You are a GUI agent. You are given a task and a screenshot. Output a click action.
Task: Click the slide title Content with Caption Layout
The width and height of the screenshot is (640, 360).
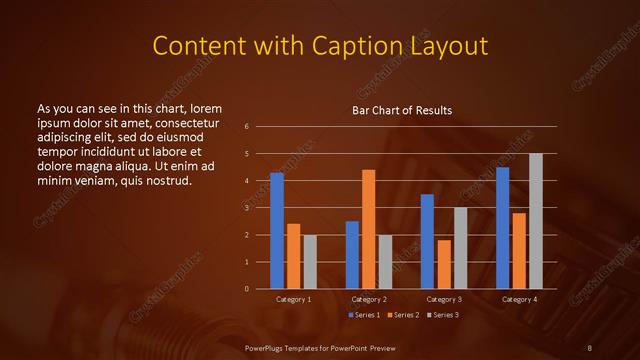[x=319, y=46]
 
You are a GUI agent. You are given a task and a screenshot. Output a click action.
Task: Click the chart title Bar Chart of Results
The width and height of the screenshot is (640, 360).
[x=402, y=110]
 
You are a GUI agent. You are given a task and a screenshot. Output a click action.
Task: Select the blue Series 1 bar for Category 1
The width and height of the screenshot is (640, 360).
[x=277, y=230]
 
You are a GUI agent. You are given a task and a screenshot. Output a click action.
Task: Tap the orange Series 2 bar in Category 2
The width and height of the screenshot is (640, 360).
[x=369, y=229]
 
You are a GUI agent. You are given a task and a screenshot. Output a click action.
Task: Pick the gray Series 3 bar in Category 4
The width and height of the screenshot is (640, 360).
[x=536, y=221]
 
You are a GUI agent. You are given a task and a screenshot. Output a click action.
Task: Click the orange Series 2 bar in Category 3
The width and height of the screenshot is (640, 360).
[x=444, y=264]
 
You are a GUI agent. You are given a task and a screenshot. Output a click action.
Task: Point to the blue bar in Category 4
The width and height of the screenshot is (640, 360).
[x=503, y=228]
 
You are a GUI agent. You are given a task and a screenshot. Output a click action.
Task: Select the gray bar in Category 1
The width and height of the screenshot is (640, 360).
[x=310, y=261]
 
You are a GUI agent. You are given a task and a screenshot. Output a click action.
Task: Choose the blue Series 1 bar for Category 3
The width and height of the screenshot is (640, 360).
[x=427, y=241]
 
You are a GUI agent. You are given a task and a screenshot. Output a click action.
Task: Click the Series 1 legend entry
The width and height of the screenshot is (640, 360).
[x=363, y=315]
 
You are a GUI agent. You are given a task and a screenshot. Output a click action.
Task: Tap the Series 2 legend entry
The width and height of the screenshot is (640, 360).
[x=403, y=315]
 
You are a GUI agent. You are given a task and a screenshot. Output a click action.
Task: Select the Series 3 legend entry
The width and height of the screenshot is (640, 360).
[x=443, y=315]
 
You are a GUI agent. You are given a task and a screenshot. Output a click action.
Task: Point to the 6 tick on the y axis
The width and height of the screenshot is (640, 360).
[x=246, y=127]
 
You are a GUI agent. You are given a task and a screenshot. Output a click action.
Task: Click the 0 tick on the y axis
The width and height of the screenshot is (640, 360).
[x=246, y=289]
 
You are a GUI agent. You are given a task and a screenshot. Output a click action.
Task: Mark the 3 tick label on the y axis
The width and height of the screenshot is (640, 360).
[x=246, y=208]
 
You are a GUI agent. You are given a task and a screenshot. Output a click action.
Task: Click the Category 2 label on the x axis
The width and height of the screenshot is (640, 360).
[x=369, y=299]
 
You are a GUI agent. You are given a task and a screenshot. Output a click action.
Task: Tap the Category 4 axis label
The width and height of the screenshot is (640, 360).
[x=519, y=299]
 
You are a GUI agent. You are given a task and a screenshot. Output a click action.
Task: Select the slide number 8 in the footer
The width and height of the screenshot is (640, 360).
[x=589, y=347]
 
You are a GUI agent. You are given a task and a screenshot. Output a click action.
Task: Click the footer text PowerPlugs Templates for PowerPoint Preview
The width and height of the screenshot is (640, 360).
[x=319, y=347]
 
